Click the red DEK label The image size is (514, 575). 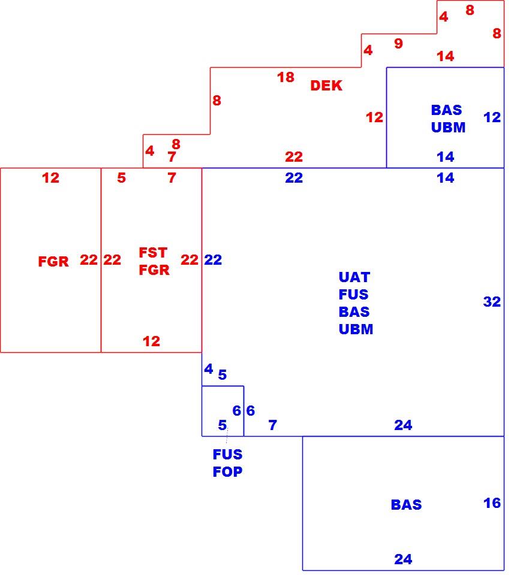tap(326, 86)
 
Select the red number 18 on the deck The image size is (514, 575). tap(285, 77)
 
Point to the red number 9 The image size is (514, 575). tap(398, 43)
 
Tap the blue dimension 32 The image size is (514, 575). tap(492, 301)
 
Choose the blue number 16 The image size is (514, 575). tap(492, 503)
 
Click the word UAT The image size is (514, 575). tap(354, 277)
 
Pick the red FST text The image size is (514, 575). tap(153, 252)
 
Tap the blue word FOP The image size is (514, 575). tap(228, 471)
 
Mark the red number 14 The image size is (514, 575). tap(446, 56)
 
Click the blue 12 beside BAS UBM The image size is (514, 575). tap(492, 117)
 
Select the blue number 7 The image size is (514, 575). tap(272, 425)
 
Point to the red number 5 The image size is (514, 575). tap(122, 177)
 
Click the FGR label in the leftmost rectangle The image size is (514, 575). tap(53, 262)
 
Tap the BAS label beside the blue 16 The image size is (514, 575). tap(406, 504)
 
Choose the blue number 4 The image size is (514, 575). tap(209, 368)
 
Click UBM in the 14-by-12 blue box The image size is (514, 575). tap(448, 127)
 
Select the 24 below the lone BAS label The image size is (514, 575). tap(403, 559)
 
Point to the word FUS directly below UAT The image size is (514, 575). tap(353, 294)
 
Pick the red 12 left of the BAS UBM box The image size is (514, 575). tap(374, 117)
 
